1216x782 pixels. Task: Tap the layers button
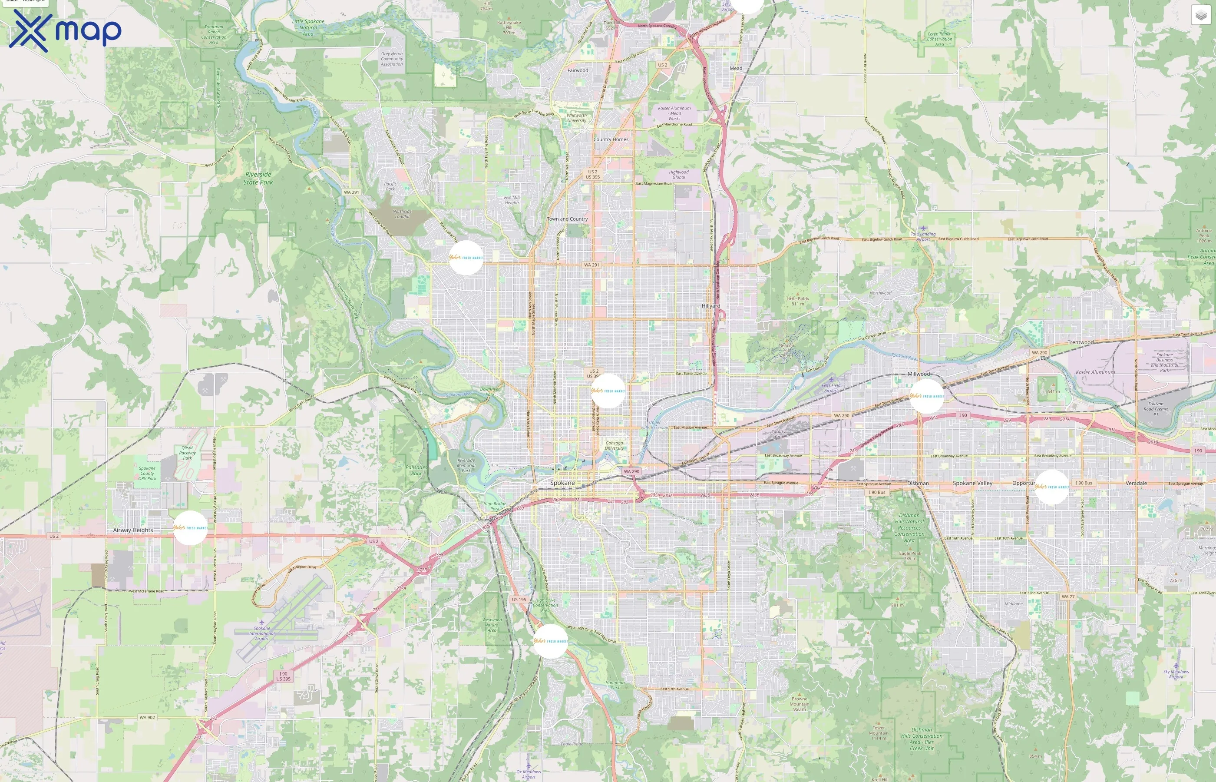tap(1200, 16)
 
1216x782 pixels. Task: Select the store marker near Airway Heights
tap(190, 528)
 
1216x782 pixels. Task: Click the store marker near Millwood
tap(927, 396)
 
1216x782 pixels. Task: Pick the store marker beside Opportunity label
tap(1051, 487)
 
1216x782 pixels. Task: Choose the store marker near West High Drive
tap(551, 641)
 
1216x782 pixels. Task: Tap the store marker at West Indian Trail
tap(466, 258)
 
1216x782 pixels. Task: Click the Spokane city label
tap(562, 482)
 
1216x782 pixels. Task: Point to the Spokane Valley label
tap(972, 483)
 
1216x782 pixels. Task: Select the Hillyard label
tap(710, 306)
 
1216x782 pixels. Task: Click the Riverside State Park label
tap(258, 178)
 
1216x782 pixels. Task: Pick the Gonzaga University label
tap(614, 445)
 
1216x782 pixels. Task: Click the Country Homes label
tap(611, 139)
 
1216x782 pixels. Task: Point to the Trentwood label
tap(1081, 342)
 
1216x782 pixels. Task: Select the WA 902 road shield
tap(147, 718)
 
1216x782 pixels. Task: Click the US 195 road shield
tap(519, 600)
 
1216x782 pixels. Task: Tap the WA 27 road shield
tap(1068, 596)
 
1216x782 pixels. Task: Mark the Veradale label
tap(1136, 483)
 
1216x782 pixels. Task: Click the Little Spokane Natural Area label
tap(308, 27)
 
